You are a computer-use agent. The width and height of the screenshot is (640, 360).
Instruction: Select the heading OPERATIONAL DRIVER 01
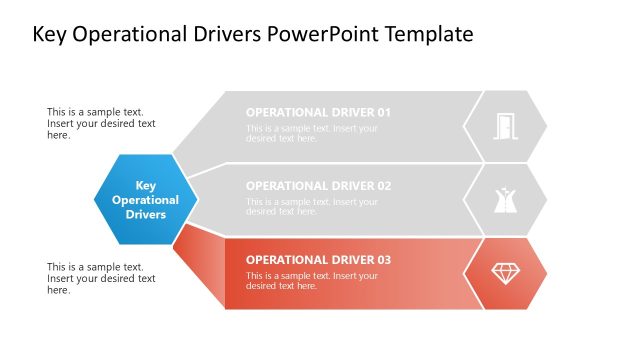[x=318, y=112]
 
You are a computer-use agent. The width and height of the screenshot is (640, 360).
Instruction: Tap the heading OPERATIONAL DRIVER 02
[x=318, y=186]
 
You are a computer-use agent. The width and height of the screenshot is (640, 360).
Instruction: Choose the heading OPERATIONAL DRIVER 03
[x=318, y=260]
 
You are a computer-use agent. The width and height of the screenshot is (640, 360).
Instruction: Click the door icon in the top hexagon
[x=505, y=126]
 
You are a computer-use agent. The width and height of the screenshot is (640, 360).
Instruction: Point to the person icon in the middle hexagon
[x=505, y=200]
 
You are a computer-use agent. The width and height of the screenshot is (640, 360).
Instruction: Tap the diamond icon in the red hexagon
[x=505, y=273]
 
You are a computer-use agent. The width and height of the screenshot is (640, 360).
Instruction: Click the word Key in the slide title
[x=52, y=35]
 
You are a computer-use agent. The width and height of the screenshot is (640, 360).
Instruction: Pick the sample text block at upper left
[x=101, y=124]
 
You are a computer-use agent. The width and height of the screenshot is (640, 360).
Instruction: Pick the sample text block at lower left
[x=101, y=278]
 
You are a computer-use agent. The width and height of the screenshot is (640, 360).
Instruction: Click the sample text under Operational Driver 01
[x=312, y=133]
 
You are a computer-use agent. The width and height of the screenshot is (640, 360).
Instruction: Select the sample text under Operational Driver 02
[x=312, y=207]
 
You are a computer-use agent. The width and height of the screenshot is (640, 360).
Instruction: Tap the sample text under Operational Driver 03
[x=312, y=281]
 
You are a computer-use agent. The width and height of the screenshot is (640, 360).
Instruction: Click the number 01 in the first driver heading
[x=383, y=112]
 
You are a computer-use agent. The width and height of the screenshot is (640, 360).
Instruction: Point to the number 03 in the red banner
[x=383, y=260]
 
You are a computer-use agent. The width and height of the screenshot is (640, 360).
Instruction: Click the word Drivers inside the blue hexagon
[x=145, y=214]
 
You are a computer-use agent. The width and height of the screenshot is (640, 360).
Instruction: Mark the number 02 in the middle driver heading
[x=383, y=186]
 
